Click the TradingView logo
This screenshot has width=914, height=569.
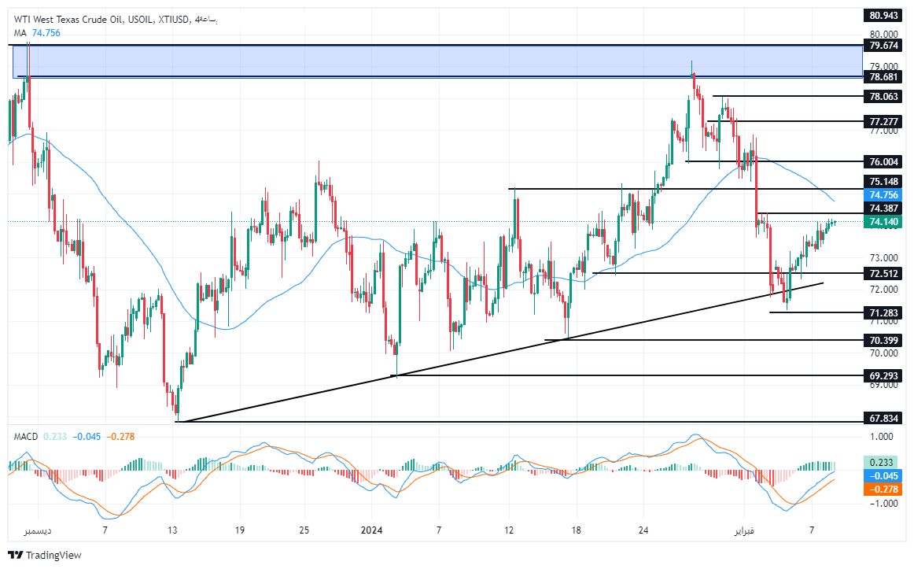[x=46, y=556]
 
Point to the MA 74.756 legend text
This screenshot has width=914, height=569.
[x=37, y=32]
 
